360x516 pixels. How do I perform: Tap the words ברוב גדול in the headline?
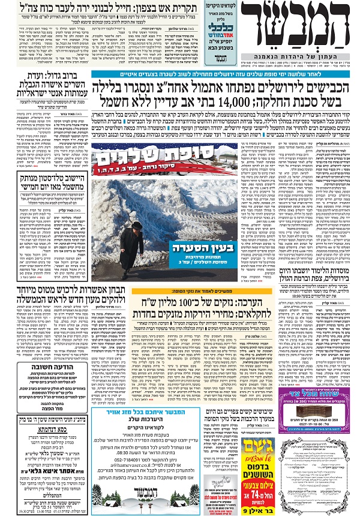(66, 88)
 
